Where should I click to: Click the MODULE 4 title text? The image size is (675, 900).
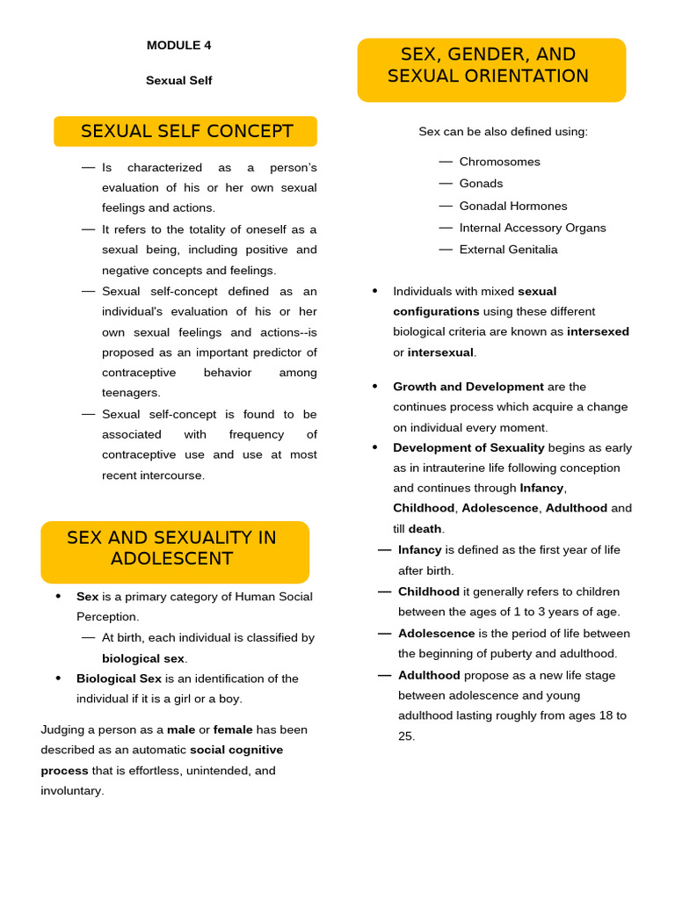pos(178,46)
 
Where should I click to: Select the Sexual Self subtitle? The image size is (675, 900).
pos(178,81)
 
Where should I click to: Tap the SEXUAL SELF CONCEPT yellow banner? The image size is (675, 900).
pos(185,132)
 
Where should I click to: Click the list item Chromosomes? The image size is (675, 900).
pos(499,162)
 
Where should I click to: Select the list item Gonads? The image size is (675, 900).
pos(481,184)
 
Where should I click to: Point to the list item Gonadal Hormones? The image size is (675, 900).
pos(512,206)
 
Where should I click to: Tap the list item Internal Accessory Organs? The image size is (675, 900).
pos(532,228)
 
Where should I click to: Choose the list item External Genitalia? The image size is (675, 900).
pos(508,250)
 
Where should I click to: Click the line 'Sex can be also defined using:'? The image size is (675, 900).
pos(503,132)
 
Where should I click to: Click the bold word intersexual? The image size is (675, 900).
pos(440,352)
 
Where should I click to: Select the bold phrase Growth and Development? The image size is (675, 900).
pos(468,387)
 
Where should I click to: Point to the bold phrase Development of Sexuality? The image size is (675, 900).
pos(468,447)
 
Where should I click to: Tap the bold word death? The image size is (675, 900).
pos(425,529)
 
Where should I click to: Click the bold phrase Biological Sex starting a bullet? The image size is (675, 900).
pos(119,679)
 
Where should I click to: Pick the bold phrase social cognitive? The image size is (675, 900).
pos(236,750)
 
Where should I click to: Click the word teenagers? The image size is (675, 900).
pos(131,393)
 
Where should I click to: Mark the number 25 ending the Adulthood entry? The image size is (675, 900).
pos(405,737)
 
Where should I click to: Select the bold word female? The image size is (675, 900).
pos(233,729)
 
